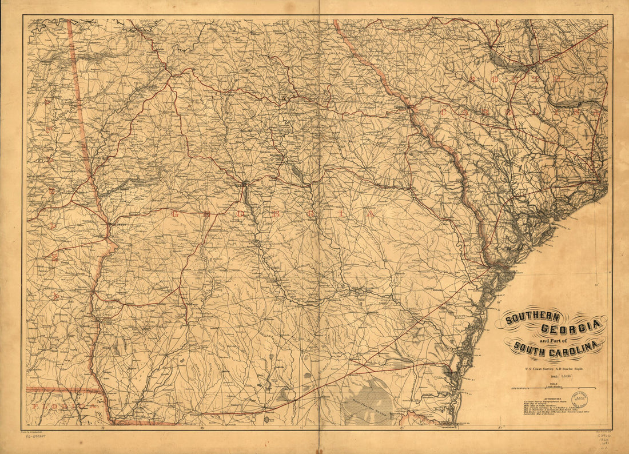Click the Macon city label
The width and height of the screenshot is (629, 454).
[243, 185]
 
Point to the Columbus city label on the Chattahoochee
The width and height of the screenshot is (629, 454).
[117, 225]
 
